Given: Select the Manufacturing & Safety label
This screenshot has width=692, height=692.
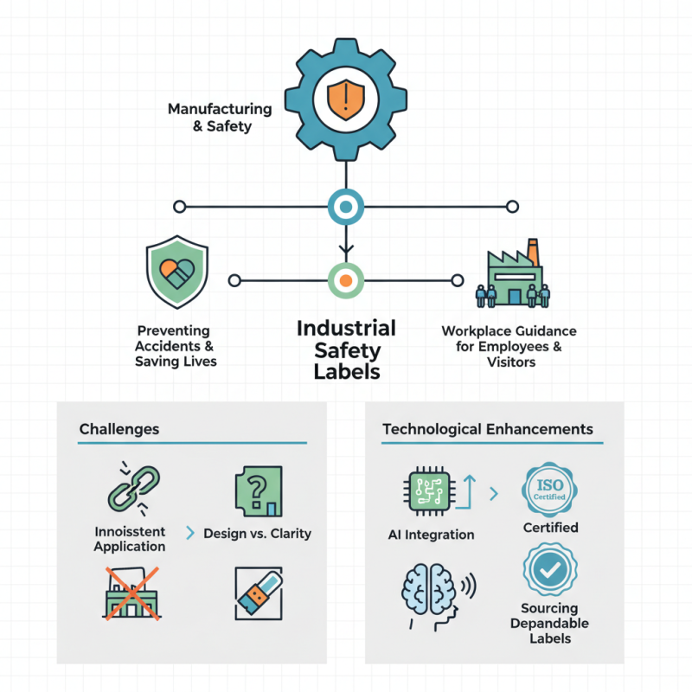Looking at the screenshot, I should [220, 118].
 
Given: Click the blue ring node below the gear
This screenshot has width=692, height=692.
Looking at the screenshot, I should [345, 207].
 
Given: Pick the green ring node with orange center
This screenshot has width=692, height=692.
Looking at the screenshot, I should [345, 280].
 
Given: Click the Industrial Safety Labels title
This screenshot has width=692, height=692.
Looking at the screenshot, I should [345, 349].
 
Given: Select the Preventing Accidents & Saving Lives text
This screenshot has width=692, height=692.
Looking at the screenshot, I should [176, 346].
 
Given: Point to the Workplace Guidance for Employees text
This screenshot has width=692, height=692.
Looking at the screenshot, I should [509, 346].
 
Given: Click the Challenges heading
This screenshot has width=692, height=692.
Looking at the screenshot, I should [119, 429].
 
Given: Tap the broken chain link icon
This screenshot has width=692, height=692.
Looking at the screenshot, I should [129, 488].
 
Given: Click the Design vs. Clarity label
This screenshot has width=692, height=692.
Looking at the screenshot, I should [257, 534].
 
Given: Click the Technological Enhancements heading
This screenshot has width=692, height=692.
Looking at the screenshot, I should [487, 429].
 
